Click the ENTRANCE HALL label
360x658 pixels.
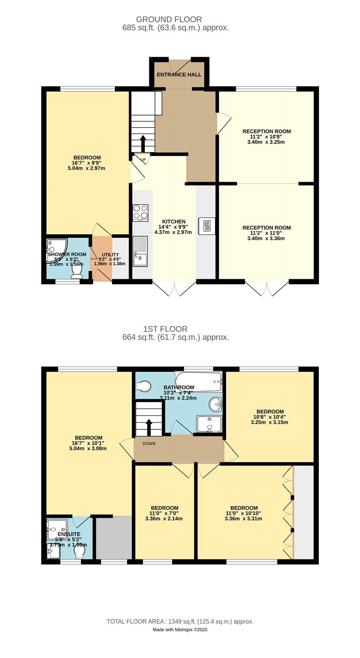click(179, 74)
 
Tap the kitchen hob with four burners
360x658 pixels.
click(140, 213)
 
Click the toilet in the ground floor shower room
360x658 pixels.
click(77, 270)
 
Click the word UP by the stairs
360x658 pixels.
click(143, 160)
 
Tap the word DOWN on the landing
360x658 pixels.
click(149, 443)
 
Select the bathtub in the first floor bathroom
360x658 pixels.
click(198, 382)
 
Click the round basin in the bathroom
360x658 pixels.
click(215, 405)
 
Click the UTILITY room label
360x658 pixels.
click(110, 255)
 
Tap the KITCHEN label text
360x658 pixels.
click(174, 222)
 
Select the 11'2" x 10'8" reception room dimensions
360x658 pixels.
click(266, 137)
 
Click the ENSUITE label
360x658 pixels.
click(69, 534)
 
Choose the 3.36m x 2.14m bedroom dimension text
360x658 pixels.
click(164, 519)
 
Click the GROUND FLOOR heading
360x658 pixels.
click(169, 19)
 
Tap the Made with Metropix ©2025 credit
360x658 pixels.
click(180, 630)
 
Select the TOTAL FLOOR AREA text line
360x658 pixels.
click(180, 621)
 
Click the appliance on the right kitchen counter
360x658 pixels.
click(207, 226)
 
